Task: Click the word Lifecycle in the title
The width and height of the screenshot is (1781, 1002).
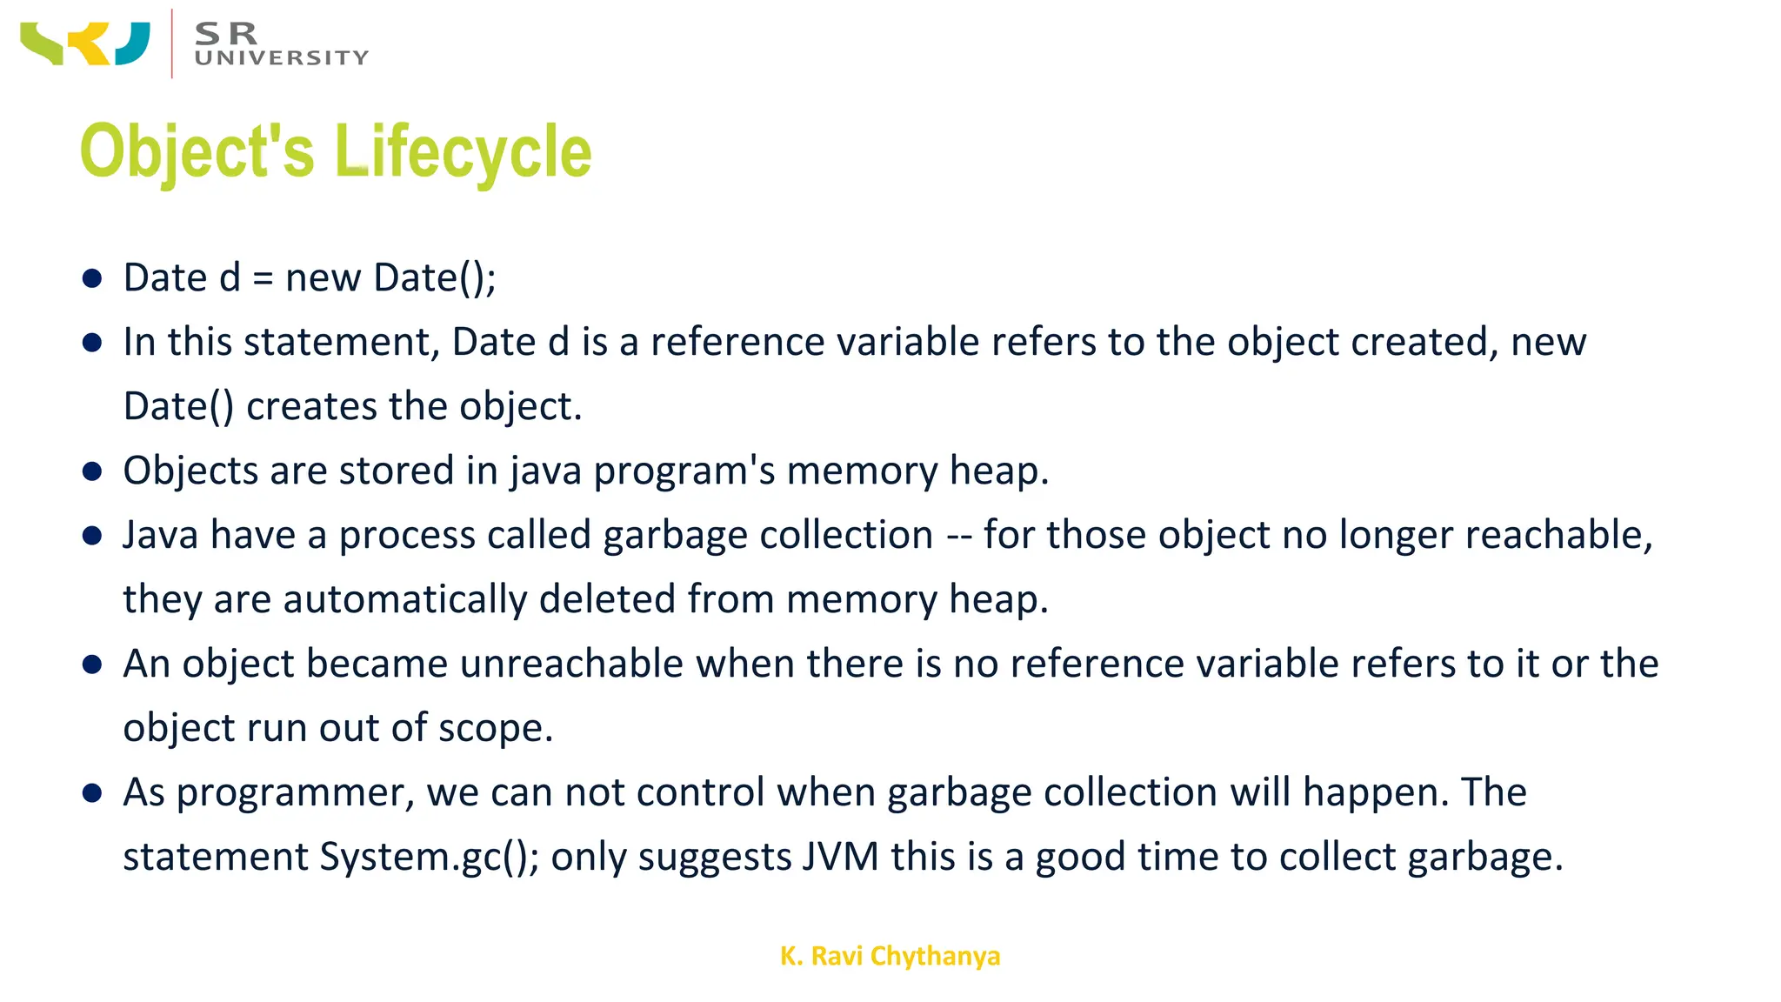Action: (x=463, y=151)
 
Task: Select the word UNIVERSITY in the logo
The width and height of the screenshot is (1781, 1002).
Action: (x=282, y=58)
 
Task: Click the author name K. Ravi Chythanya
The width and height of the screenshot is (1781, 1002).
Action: (x=890, y=956)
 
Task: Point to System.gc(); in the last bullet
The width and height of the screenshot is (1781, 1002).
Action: (x=430, y=857)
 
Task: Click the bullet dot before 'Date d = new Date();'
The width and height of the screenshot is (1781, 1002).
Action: (x=92, y=278)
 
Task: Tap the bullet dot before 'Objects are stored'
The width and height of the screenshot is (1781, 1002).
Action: (x=92, y=471)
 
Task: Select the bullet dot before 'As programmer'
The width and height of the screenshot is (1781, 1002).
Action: (x=92, y=793)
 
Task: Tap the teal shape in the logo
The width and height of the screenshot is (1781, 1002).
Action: (x=133, y=43)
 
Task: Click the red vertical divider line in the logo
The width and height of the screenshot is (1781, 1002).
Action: (x=172, y=43)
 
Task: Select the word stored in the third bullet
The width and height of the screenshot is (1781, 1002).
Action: (x=396, y=471)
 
